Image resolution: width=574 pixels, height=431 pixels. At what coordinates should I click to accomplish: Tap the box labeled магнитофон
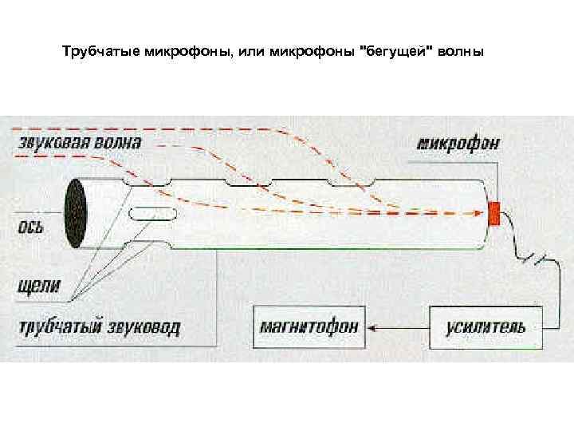pyautogui.click(x=309, y=326)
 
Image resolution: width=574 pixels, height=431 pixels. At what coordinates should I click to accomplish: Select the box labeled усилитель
pyautogui.click(x=486, y=326)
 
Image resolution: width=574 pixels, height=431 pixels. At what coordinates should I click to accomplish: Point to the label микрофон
pyautogui.click(x=458, y=144)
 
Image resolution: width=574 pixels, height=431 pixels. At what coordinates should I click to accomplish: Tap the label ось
pyautogui.click(x=31, y=226)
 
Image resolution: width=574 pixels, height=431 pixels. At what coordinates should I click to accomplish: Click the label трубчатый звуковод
pyautogui.click(x=99, y=327)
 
